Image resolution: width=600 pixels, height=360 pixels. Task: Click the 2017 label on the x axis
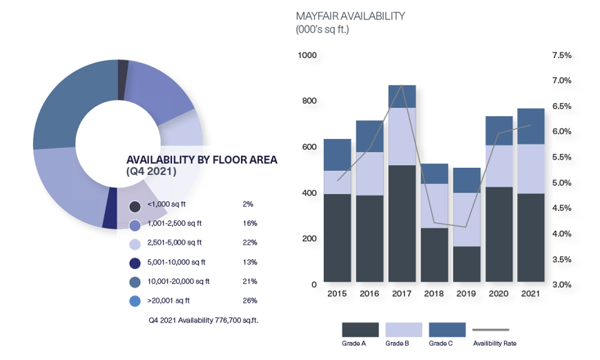pos(402,294)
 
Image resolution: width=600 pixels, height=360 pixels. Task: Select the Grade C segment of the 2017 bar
pos(402,97)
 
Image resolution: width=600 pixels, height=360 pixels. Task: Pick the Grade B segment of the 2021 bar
pos(531,169)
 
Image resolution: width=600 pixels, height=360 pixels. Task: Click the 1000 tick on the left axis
pos(307,55)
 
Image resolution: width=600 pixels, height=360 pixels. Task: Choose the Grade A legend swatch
pos(360,330)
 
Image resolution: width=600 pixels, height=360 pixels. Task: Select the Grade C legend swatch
pos(447,330)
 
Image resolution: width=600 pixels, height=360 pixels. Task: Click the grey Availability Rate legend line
pos(491,330)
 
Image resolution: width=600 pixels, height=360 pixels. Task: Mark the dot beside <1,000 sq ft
pos(135,206)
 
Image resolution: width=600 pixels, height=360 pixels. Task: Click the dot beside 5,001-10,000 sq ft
pos(135,263)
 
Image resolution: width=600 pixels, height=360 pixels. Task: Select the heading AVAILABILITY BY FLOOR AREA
pos(202,160)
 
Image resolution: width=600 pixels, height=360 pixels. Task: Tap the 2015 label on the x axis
pos(337,294)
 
